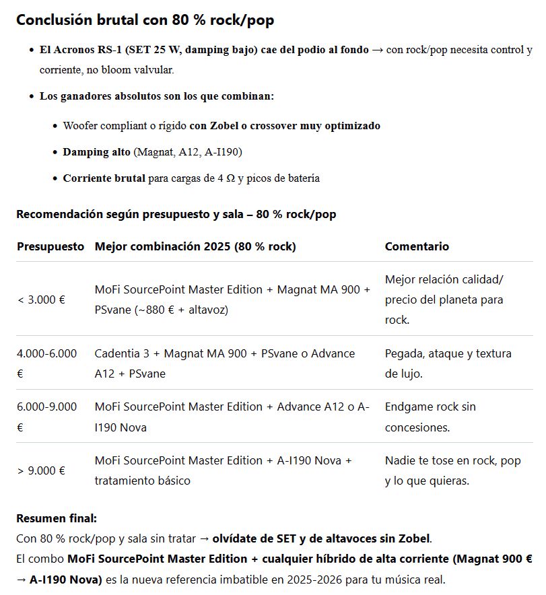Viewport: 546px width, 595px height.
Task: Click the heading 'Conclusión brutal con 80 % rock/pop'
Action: [145, 20]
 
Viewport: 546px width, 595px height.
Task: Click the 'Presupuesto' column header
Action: [50, 246]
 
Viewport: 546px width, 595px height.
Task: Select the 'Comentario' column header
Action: [417, 246]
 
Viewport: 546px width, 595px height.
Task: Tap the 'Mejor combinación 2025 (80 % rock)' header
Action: [195, 246]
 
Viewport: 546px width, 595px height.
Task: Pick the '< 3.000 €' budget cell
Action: [41, 300]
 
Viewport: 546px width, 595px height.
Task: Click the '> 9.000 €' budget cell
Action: [41, 470]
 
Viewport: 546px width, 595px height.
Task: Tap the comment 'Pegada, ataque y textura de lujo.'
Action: [448, 363]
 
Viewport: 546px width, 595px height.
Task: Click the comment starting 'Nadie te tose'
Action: [452, 470]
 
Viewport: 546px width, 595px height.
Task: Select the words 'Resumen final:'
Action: [57, 518]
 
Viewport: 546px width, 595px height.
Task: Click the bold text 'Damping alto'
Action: [96, 152]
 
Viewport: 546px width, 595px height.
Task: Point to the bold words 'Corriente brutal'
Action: [104, 178]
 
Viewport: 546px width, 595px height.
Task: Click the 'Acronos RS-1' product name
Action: [86, 50]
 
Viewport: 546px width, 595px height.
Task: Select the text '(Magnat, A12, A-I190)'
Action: [188, 152]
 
